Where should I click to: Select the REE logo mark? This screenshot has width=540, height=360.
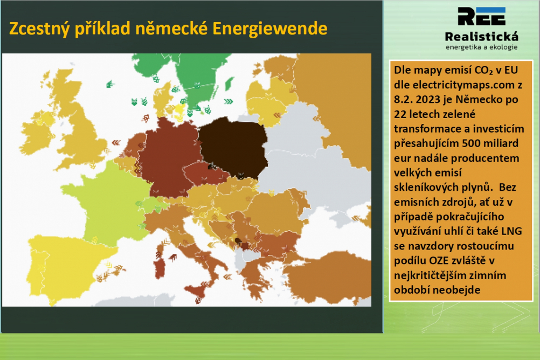pos(481,16)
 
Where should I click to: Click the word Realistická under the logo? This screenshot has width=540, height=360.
pos(481,37)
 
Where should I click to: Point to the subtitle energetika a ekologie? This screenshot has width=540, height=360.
pos(481,47)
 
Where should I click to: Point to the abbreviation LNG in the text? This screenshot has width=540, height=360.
pos(511,231)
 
